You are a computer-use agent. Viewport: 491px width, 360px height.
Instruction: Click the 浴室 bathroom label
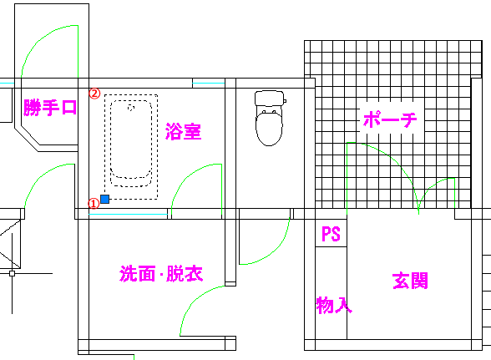(183, 131)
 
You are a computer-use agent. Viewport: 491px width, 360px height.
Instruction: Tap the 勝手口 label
(50, 108)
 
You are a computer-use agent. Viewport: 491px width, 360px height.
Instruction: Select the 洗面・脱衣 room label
(161, 274)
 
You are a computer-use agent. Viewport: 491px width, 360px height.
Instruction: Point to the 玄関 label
(410, 281)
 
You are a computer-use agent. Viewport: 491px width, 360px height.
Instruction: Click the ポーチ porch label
(390, 119)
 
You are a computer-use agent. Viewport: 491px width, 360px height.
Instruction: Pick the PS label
(331, 234)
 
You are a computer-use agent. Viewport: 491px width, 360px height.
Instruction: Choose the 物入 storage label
(334, 305)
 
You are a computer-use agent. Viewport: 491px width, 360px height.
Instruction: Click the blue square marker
(105, 199)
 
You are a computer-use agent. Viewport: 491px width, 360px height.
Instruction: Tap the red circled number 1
(94, 204)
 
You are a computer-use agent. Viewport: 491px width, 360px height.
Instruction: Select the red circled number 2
(94, 94)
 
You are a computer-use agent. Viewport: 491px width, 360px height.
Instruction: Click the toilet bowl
(269, 129)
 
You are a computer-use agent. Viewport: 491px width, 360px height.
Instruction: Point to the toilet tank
(270, 98)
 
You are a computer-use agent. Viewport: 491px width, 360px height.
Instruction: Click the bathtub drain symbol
(131, 108)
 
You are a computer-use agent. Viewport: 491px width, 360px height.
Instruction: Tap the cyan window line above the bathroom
(208, 84)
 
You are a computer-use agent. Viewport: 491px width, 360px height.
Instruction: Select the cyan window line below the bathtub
(128, 215)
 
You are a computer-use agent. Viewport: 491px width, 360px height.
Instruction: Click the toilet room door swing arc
(276, 251)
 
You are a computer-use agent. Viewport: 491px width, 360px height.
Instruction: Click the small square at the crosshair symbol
(12, 273)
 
